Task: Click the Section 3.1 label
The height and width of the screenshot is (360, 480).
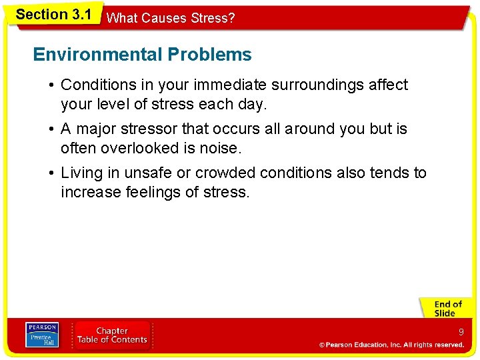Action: pos(53,15)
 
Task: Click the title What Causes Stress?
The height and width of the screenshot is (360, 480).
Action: pos(171,18)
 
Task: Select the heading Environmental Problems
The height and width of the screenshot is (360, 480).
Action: pos(142,55)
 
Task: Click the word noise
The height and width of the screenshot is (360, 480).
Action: pos(219,148)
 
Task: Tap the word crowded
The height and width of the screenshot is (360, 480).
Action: pos(226,173)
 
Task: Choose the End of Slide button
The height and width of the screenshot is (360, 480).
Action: pos(447,309)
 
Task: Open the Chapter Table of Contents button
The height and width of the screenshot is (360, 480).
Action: pos(112,335)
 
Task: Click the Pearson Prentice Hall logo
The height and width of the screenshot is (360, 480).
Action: pos(41,335)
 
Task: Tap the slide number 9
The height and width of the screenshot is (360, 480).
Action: pos(461,331)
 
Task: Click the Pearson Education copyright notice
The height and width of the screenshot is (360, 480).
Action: pos(391,345)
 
